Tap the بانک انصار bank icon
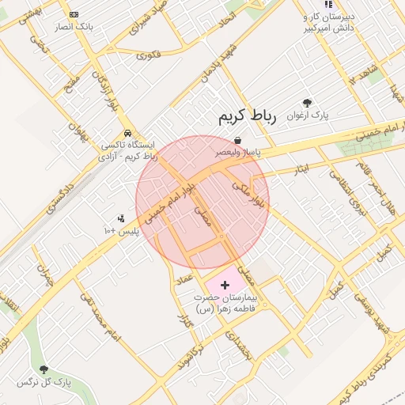74,14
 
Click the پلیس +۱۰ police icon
121,218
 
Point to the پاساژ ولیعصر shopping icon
237,140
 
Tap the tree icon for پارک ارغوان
307,103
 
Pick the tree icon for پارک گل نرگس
44,369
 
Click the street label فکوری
148,55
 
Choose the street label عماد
186,278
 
